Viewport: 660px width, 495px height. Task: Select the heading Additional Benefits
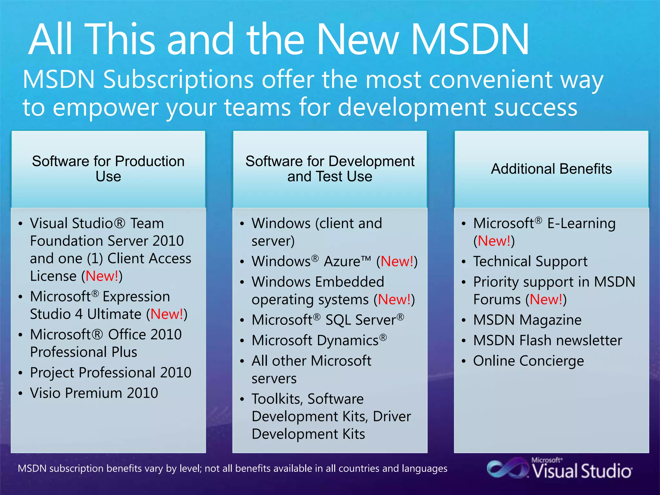(551, 169)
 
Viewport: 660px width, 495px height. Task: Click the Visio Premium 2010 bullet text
(94, 393)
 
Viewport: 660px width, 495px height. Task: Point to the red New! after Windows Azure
(397, 261)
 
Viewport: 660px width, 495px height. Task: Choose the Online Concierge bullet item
(528, 361)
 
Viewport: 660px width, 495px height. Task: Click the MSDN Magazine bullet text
(527, 320)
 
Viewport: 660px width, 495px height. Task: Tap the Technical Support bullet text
(530, 261)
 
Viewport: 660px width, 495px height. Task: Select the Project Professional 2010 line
(111, 373)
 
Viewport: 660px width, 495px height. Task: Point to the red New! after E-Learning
(494, 241)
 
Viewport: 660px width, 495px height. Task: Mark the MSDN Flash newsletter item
(547, 341)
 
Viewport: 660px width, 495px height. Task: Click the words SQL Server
(360, 320)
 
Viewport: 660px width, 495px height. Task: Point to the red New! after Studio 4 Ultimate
(167, 314)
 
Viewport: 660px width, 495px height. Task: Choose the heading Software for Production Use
(108, 169)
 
